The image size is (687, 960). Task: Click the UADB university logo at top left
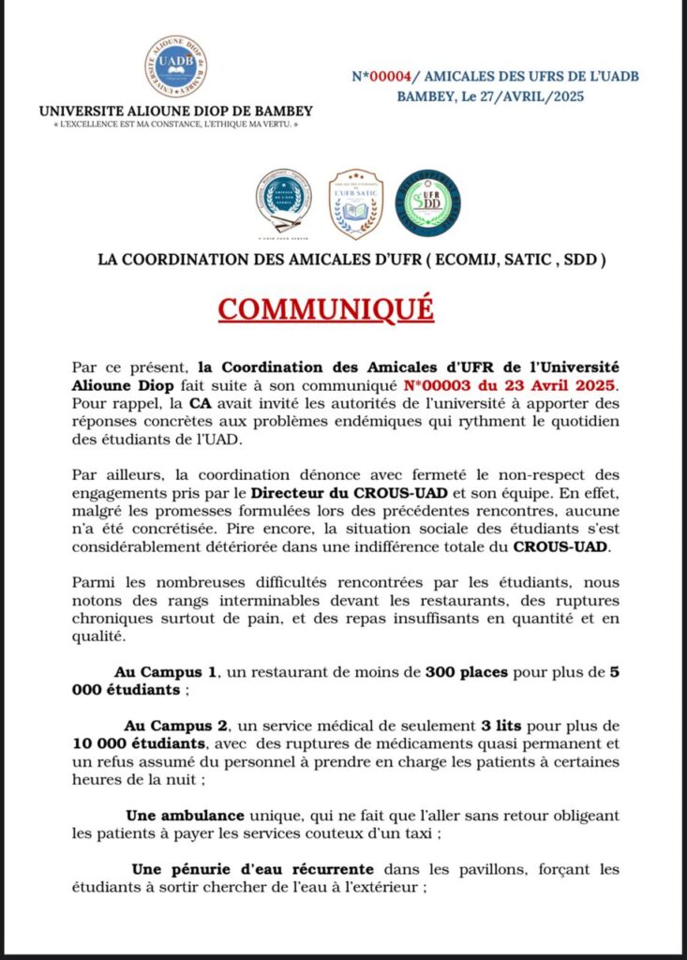click(x=175, y=67)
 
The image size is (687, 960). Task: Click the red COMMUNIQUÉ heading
click(x=326, y=307)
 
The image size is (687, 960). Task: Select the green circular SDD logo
click(x=427, y=202)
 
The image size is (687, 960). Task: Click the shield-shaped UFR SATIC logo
click(x=355, y=203)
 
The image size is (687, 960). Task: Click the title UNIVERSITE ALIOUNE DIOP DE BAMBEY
click(x=176, y=111)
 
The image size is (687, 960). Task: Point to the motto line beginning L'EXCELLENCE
click(x=176, y=124)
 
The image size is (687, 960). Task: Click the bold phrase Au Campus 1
click(x=166, y=672)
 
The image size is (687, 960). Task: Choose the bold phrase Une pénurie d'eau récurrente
click(x=252, y=869)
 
